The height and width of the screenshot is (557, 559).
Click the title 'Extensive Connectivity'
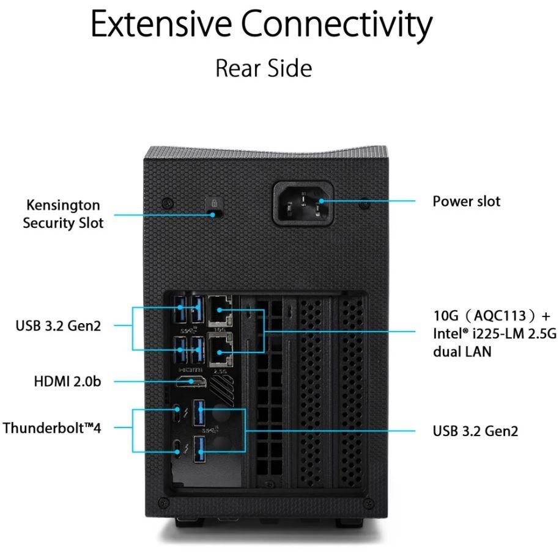pos(262,26)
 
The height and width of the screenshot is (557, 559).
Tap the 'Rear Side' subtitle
pos(264,68)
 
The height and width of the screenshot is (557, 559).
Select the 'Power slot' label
pos(466,201)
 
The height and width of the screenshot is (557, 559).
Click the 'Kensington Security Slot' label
pos(63,214)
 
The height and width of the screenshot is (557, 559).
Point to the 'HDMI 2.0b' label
pos(68,382)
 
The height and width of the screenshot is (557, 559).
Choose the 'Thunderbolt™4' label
pos(52,427)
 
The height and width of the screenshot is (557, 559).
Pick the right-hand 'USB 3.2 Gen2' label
pos(475,431)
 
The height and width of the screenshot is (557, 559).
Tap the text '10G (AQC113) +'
pos(492,316)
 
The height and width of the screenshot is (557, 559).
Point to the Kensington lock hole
pos(213,214)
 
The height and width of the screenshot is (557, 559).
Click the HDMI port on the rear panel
pos(191,382)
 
